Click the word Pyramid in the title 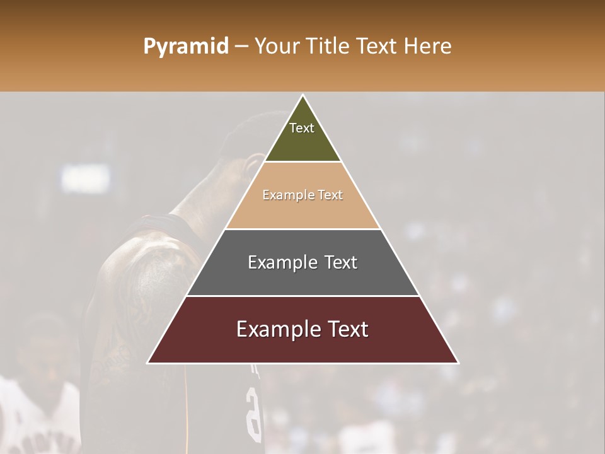point(185,47)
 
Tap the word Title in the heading point(330,47)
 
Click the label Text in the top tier point(302,128)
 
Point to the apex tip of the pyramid point(303,96)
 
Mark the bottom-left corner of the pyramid point(148,363)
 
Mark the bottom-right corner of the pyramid point(458,363)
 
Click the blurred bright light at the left point(85,178)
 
